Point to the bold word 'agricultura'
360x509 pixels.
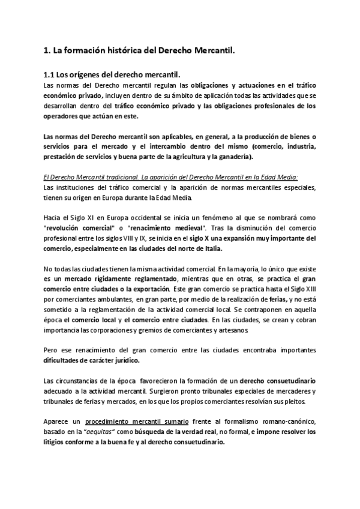click(x=211, y=157)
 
